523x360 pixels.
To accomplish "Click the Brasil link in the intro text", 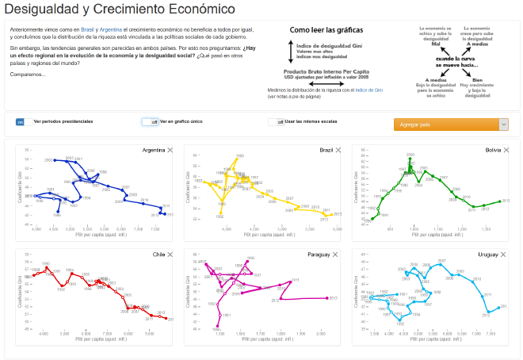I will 87,29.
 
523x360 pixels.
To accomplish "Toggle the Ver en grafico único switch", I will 150,122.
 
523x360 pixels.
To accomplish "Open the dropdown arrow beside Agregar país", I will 503,124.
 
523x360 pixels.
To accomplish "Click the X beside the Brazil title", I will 340,150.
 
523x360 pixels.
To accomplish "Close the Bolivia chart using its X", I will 508,150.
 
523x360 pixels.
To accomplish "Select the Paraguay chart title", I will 319,255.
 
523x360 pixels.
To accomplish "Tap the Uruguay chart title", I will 488,255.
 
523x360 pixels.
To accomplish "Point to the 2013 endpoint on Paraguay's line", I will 327,298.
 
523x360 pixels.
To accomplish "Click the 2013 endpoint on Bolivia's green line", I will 499,201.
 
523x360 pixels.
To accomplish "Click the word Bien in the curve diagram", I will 477,79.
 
